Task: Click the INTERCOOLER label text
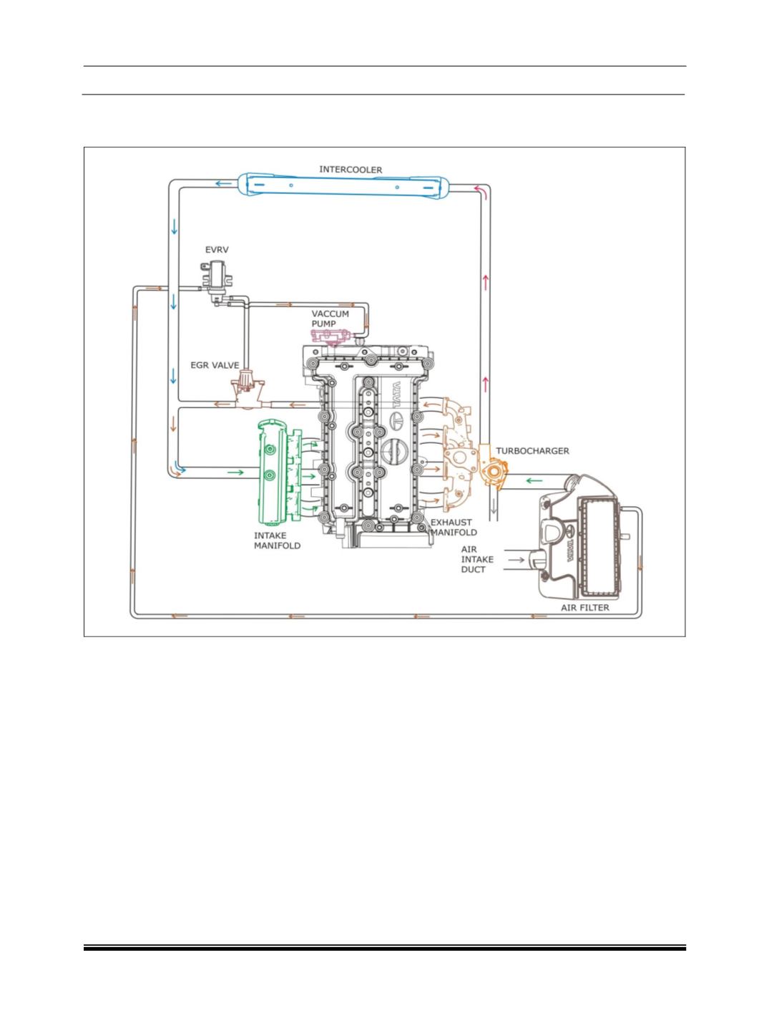[351, 170]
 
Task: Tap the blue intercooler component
[343, 185]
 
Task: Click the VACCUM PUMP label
[330, 319]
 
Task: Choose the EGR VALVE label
[215, 364]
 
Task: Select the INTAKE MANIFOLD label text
[278, 540]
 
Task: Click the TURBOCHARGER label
[534, 451]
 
